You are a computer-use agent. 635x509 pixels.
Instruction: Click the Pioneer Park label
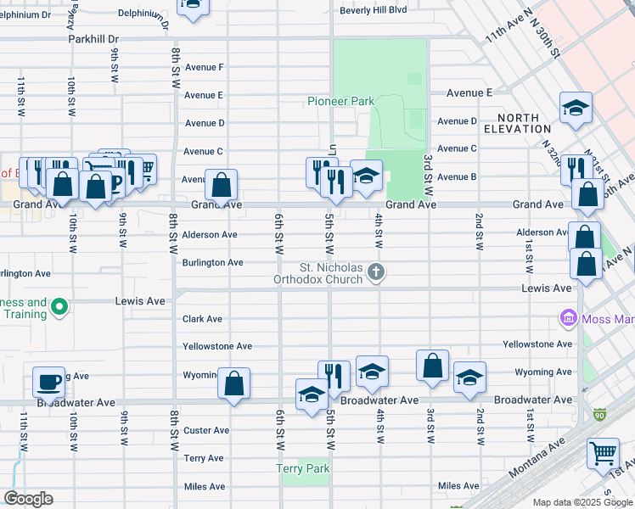pos(340,101)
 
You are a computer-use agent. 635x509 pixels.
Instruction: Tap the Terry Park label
pos(302,468)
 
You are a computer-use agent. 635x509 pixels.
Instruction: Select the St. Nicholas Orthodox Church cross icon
pos(377,272)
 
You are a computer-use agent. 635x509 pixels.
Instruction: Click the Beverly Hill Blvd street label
pos(374,10)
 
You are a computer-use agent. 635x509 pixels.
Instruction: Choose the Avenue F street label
pos(204,67)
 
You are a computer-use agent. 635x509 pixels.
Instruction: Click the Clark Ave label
pos(203,319)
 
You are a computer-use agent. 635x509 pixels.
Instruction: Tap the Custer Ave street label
pos(206,430)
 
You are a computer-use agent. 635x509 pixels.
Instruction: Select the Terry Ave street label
pos(204,458)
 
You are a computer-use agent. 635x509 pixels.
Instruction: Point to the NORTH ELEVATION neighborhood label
pos(518,123)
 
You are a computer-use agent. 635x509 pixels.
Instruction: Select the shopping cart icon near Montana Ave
pos(603,452)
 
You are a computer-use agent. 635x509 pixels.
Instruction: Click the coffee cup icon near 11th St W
pos(48,381)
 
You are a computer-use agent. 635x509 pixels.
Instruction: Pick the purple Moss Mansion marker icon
pos(568,318)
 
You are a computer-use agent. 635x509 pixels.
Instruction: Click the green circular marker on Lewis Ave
pos(59,306)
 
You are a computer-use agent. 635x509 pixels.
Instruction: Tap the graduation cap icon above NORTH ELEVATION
pos(576,108)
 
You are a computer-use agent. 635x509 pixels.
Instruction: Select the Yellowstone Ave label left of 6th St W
pos(218,346)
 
